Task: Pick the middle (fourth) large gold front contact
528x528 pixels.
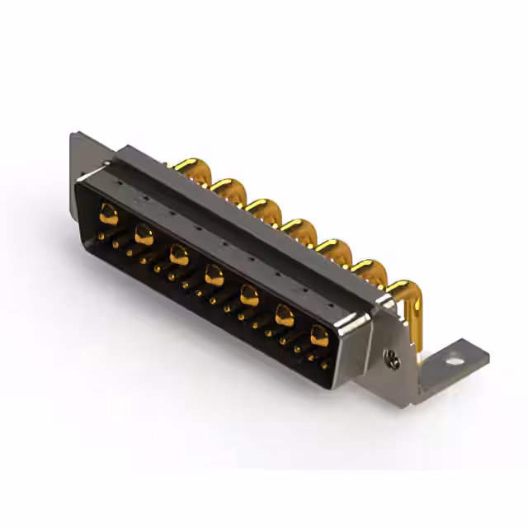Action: click(214, 275)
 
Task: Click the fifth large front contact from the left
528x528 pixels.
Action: click(249, 294)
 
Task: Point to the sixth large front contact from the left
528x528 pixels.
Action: click(285, 313)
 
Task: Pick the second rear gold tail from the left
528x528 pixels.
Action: click(229, 188)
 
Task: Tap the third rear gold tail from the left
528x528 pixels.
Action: click(264, 208)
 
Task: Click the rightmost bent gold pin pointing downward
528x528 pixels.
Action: click(406, 305)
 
